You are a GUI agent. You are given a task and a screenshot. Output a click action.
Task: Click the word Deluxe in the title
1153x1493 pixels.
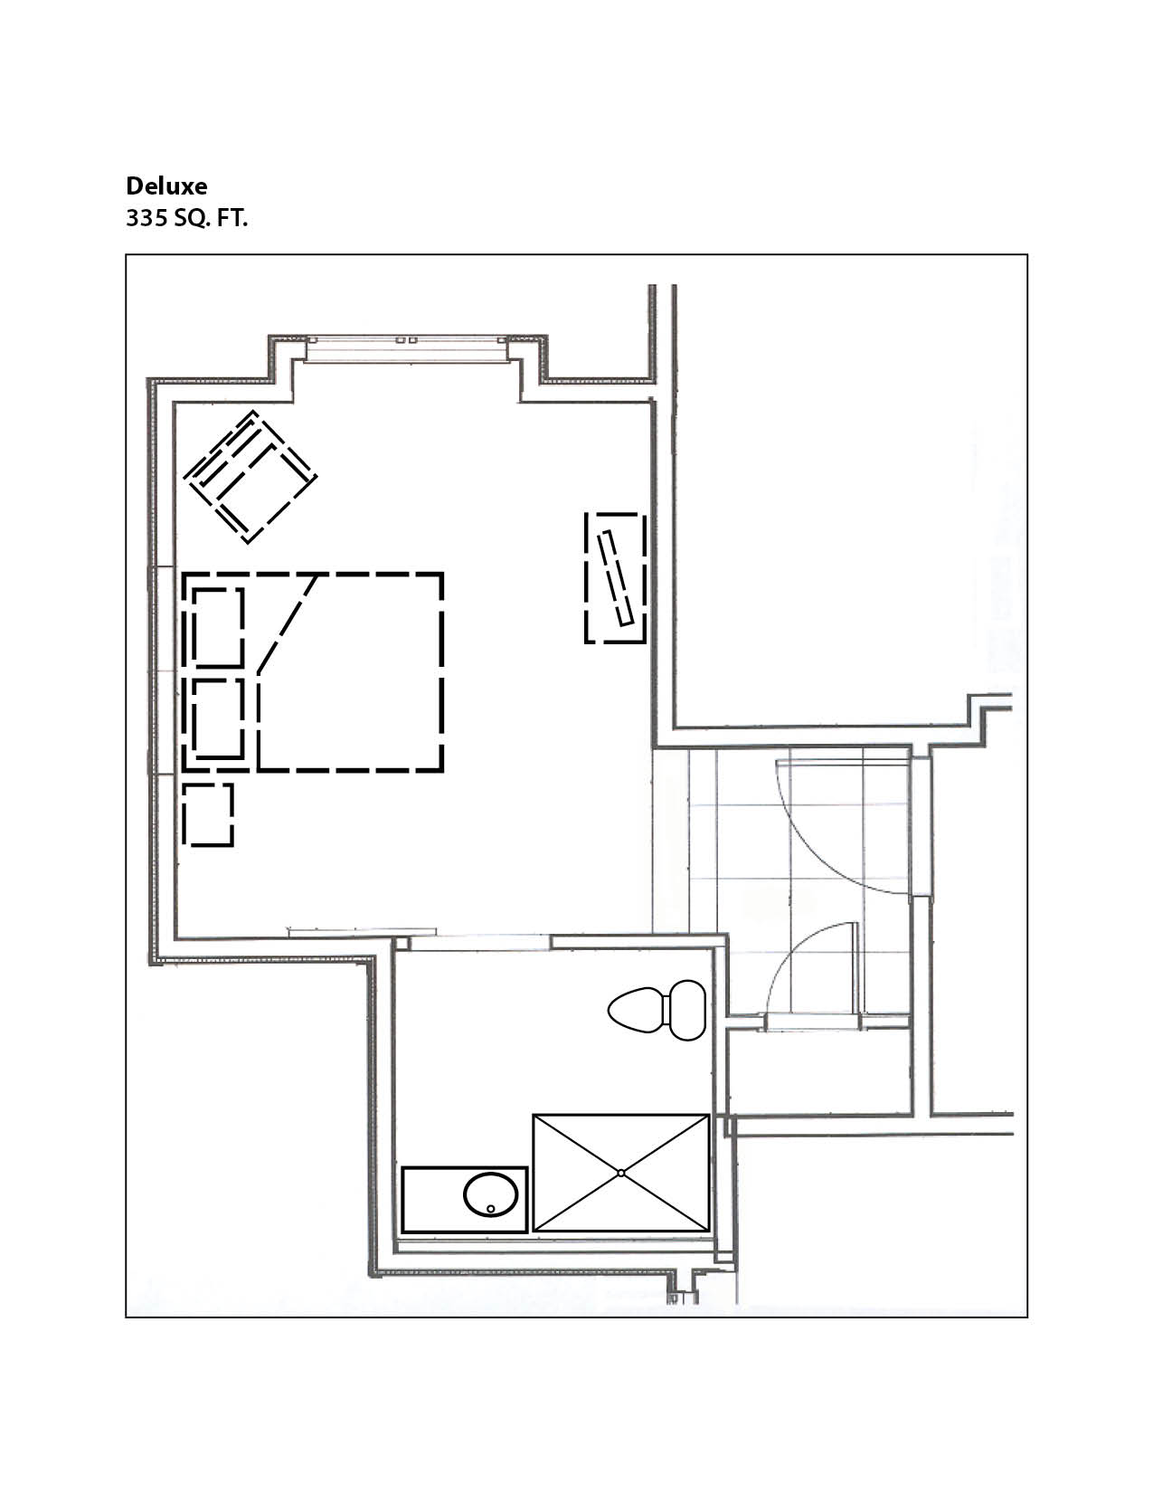[x=166, y=186]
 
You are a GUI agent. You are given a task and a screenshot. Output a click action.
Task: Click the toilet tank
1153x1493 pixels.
[x=687, y=1010]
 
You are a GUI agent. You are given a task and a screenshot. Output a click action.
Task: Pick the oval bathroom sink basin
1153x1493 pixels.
[x=490, y=1194]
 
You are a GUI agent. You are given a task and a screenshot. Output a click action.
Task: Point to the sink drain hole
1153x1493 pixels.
[x=490, y=1209]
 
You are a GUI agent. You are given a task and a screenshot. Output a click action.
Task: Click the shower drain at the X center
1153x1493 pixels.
[x=620, y=1174]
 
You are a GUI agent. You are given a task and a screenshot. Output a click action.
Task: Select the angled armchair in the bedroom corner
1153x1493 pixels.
[x=251, y=476]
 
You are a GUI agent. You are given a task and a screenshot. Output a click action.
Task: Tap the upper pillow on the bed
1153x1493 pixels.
[x=218, y=626]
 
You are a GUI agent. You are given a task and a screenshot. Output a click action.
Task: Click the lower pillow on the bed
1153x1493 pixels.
[x=218, y=718]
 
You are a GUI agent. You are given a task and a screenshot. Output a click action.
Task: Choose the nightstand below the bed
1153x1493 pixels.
[x=208, y=815]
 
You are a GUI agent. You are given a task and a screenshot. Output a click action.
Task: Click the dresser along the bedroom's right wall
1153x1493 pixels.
[x=615, y=578]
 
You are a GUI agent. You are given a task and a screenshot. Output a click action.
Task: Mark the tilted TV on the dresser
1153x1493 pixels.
[x=615, y=578]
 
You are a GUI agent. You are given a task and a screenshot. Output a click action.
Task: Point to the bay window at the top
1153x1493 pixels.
[x=407, y=348]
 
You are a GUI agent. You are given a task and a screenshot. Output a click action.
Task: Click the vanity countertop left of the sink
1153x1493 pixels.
[x=432, y=1199]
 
